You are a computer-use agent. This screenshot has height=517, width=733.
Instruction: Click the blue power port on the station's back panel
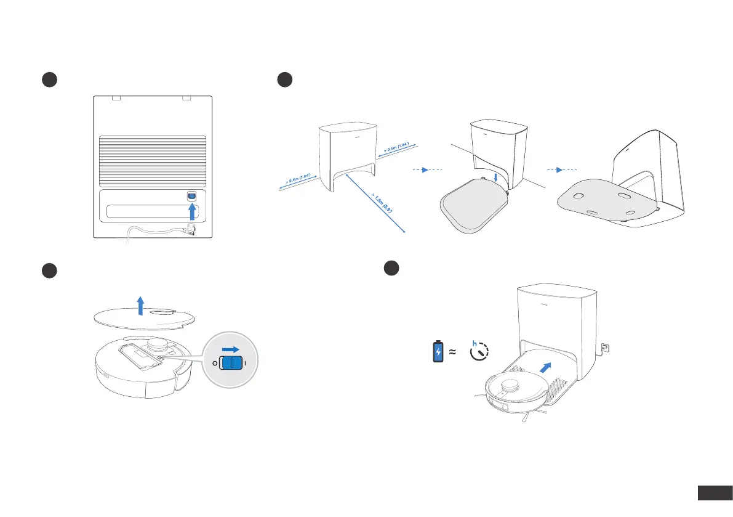point(191,195)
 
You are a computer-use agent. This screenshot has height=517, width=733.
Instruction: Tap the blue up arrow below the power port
point(192,211)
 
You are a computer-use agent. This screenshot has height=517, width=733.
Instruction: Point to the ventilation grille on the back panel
point(153,160)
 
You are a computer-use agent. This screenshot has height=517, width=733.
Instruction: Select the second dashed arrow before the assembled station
point(561,169)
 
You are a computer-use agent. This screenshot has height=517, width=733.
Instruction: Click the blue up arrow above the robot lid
point(141,305)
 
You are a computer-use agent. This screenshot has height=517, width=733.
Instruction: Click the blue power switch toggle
point(232,363)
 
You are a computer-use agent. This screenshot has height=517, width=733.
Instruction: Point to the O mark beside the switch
point(215,364)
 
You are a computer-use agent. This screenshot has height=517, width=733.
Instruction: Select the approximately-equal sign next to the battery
point(452,352)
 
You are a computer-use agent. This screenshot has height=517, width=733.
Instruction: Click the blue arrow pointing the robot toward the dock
point(545,368)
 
